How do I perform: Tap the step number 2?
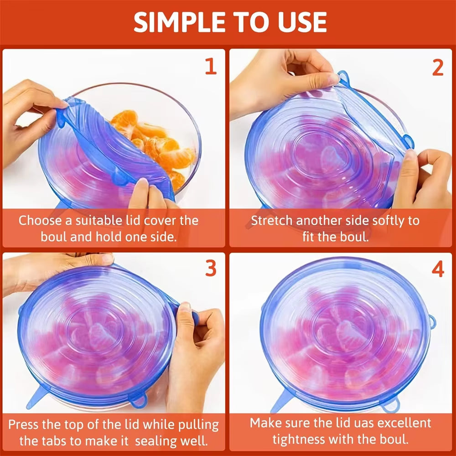click(x=437, y=67)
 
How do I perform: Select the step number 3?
click(x=210, y=269)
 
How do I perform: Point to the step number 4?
click(x=437, y=269)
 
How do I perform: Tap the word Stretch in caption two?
click(x=272, y=221)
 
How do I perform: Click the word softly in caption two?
click(x=372, y=221)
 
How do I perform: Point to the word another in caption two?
click(x=321, y=221)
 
